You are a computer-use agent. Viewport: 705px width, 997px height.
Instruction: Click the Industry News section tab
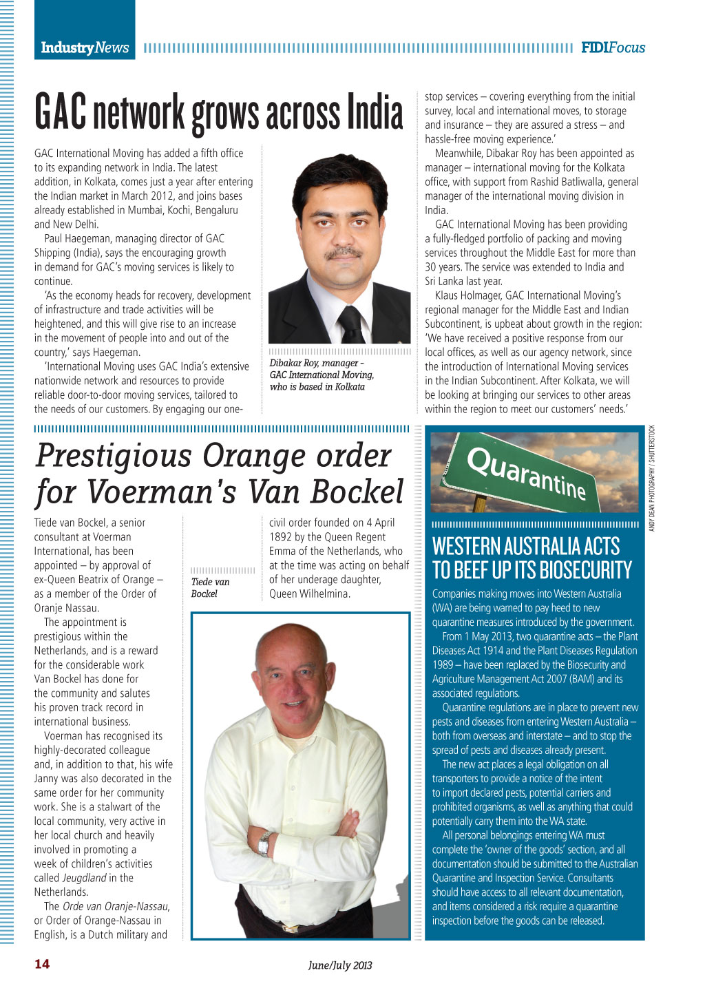pyautogui.click(x=85, y=48)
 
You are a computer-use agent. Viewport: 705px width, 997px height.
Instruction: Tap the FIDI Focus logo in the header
pyautogui.click(x=613, y=48)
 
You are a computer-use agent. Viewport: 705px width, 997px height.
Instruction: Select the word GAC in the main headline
pyautogui.click(x=61, y=113)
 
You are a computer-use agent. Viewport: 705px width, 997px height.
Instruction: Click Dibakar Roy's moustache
pyautogui.click(x=342, y=253)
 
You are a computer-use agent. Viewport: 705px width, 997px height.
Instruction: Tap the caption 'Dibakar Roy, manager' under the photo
pyautogui.click(x=316, y=363)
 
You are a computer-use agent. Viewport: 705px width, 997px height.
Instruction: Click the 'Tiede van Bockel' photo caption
pyautogui.click(x=210, y=587)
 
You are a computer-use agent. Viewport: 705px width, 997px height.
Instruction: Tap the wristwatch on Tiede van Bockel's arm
pyautogui.click(x=264, y=841)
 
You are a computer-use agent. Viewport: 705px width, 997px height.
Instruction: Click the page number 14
pyautogui.click(x=42, y=964)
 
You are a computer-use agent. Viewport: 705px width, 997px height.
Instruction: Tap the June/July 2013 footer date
pyautogui.click(x=340, y=965)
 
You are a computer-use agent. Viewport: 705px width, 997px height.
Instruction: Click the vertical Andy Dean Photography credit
pyautogui.click(x=652, y=478)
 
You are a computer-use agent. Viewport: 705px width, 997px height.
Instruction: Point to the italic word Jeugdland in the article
pyautogui.click(x=84, y=878)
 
